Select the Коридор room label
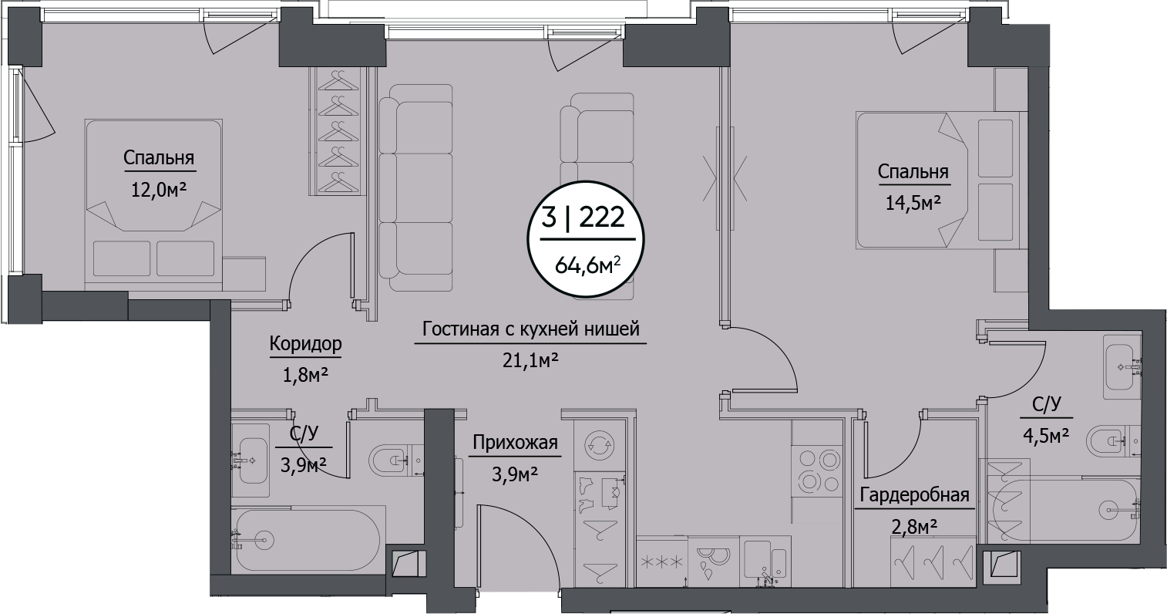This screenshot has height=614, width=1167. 305,344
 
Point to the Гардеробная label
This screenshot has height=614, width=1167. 912,495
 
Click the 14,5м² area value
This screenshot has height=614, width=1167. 913,202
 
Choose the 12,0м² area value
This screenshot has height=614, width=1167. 159,189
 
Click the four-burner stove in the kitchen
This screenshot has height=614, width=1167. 818,471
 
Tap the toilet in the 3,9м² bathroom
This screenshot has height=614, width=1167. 391,461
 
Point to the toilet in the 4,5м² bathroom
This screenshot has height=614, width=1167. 1110,442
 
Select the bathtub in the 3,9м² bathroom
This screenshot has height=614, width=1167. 307,538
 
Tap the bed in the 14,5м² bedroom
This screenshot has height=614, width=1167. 940,180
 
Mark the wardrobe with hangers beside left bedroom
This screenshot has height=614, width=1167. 338,131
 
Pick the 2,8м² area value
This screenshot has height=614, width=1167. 912,527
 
